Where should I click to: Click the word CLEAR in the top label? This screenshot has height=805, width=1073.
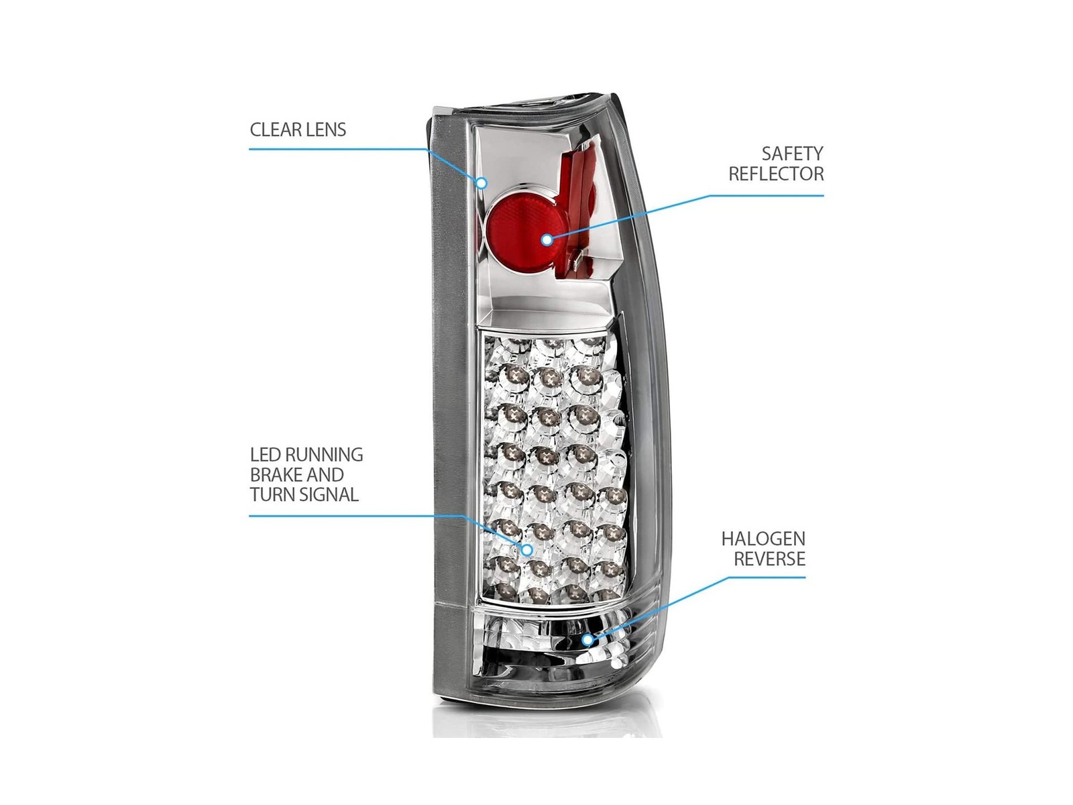click(276, 129)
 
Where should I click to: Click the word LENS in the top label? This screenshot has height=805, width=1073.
click(327, 129)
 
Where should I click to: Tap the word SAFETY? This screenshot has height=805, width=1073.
click(793, 154)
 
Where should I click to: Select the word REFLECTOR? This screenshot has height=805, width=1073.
click(777, 174)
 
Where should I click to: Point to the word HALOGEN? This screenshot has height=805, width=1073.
click(763, 539)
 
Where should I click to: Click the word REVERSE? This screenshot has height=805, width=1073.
click(769, 559)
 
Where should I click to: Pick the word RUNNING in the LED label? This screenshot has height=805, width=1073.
click(325, 455)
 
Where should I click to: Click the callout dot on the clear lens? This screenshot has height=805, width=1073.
click(482, 182)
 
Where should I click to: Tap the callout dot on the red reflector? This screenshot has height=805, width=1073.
click(547, 239)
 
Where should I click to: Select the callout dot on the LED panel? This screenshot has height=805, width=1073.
click(526, 550)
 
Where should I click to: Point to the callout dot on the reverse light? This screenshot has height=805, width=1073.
click(588, 639)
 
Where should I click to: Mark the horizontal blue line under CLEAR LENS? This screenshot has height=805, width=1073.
click(337, 148)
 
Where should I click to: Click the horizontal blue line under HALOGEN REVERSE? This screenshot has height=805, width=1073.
click(767, 577)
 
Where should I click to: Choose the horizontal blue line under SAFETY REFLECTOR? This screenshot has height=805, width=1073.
click(766, 195)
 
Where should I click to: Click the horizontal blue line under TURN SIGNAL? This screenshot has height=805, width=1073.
click(355, 516)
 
